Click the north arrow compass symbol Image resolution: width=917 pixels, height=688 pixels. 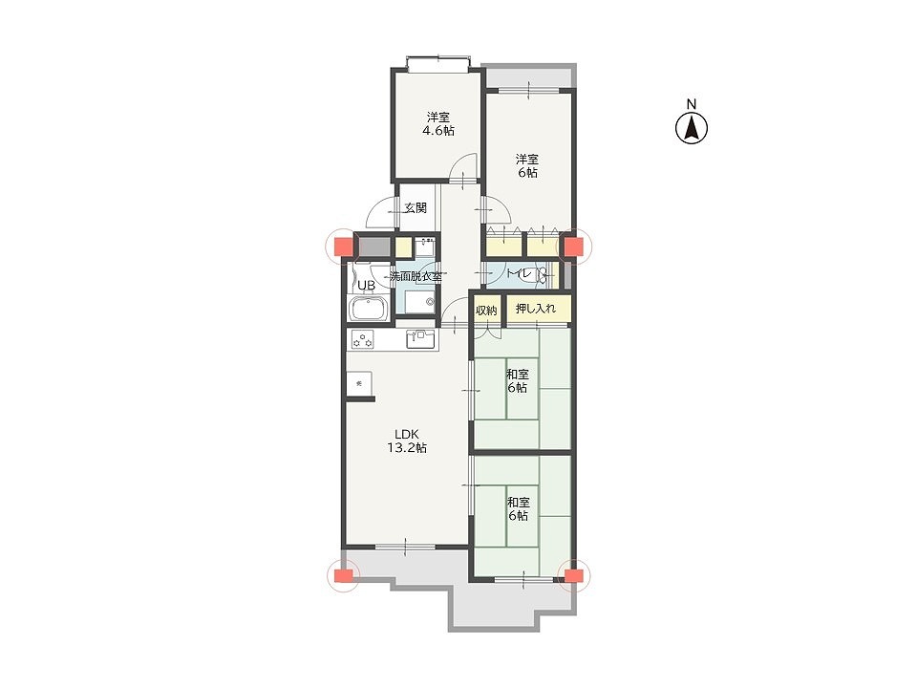(x=692, y=128)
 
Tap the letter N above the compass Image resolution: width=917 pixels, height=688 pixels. (x=692, y=104)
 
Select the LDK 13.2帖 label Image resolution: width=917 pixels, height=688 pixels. (x=407, y=441)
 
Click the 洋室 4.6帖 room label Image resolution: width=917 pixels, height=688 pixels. (x=438, y=123)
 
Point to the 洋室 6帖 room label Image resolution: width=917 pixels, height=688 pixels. (x=527, y=165)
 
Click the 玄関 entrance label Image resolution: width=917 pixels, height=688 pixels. (x=416, y=207)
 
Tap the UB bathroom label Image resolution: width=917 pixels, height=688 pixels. (x=366, y=286)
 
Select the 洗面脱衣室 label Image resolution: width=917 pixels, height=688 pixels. (x=416, y=276)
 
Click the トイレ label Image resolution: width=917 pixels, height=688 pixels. (x=519, y=273)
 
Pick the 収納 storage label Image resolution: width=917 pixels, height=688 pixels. (x=486, y=310)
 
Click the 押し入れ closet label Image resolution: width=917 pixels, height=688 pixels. (x=536, y=309)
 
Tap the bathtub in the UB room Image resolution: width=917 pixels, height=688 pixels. (x=369, y=309)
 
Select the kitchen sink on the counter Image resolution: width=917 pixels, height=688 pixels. (x=421, y=339)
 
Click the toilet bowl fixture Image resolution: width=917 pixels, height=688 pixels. (x=544, y=274)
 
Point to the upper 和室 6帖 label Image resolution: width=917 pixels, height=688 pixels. (x=517, y=381)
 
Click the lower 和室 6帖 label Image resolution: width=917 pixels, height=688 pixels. (x=518, y=509)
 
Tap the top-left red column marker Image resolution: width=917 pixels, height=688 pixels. (x=343, y=247)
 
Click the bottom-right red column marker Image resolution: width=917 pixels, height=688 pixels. (x=574, y=575)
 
